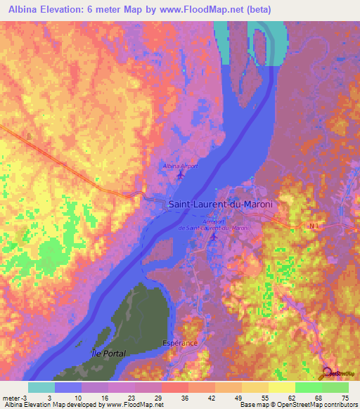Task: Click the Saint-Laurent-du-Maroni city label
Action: (220, 204)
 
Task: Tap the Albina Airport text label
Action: (181, 166)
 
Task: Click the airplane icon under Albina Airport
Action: (181, 174)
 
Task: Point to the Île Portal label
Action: (108, 353)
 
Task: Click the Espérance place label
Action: (181, 343)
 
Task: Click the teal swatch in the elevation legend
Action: (41, 387)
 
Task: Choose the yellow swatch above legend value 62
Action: (282, 387)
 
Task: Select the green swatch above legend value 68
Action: (309, 387)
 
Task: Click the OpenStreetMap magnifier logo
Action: (326, 372)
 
